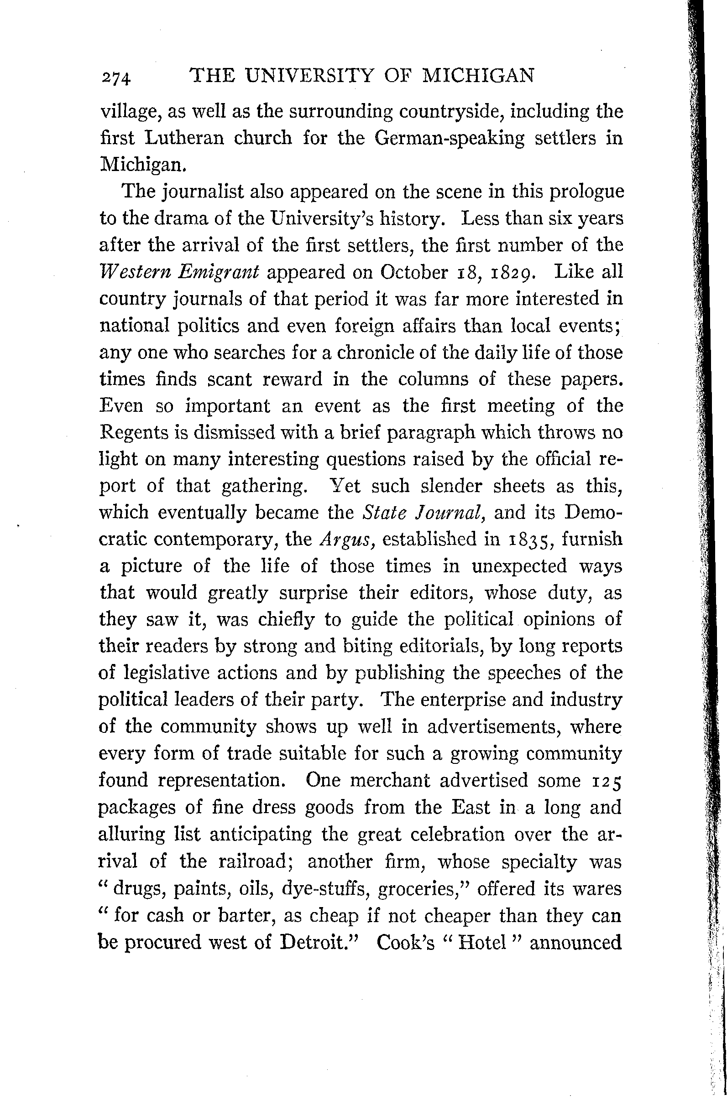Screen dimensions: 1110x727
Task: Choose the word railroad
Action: [255, 861]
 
